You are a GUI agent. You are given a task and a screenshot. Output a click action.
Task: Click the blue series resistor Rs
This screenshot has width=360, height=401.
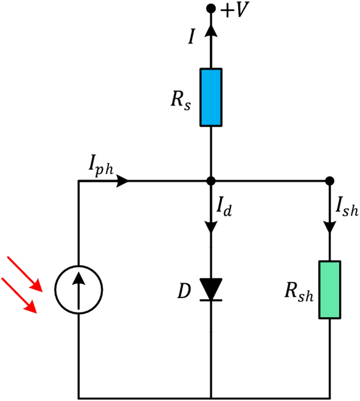(211, 97)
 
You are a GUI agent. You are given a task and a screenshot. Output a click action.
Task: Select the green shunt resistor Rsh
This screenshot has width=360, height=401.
(329, 290)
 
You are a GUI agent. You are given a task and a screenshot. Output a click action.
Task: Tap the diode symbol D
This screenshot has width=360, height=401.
(211, 290)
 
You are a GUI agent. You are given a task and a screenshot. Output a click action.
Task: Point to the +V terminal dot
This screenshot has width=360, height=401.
(211, 8)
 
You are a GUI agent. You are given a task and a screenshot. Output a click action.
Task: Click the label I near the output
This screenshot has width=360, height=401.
(192, 37)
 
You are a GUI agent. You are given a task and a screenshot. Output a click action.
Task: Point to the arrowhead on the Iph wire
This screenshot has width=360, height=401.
(123, 181)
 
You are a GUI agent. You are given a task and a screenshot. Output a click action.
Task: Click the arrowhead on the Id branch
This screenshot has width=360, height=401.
(211, 227)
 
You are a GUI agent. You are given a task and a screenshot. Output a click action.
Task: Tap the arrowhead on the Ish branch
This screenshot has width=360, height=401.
(329, 227)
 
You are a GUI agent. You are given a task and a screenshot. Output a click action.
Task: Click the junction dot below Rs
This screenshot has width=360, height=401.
(211, 181)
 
